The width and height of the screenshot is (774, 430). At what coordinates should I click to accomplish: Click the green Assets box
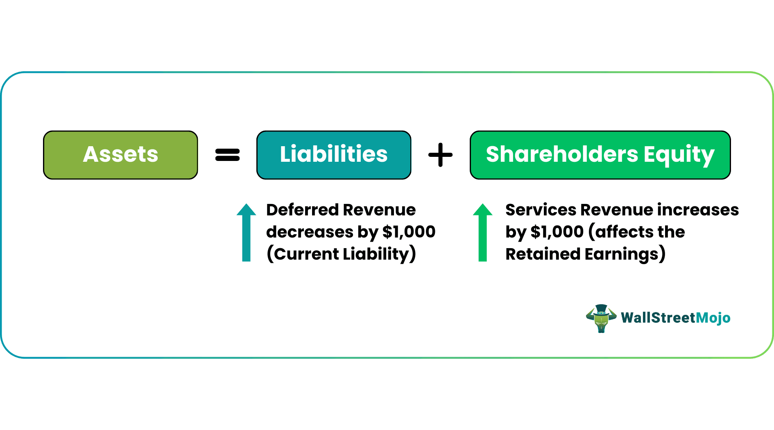[x=120, y=155]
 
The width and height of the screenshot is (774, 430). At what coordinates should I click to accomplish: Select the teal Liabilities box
[x=333, y=155]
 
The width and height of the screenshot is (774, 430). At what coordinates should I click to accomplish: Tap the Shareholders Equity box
[x=600, y=155]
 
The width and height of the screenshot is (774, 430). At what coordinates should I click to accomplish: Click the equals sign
[x=227, y=155]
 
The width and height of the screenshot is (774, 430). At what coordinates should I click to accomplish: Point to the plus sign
[x=440, y=155]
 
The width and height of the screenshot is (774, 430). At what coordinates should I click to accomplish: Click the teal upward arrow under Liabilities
[x=246, y=232]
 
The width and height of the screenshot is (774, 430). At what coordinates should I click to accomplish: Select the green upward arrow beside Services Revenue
[x=482, y=232]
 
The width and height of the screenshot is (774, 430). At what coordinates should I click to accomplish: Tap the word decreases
[x=310, y=232]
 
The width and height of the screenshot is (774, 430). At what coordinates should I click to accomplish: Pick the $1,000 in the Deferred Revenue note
[x=408, y=232]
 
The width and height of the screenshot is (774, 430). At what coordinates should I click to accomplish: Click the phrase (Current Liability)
[x=341, y=254]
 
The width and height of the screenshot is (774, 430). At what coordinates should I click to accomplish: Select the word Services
[x=541, y=210]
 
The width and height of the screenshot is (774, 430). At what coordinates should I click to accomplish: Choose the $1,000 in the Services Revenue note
[x=557, y=232]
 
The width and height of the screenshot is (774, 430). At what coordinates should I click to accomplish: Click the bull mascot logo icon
[x=601, y=318]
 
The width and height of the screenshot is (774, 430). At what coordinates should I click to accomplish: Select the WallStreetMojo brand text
[x=675, y=318]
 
